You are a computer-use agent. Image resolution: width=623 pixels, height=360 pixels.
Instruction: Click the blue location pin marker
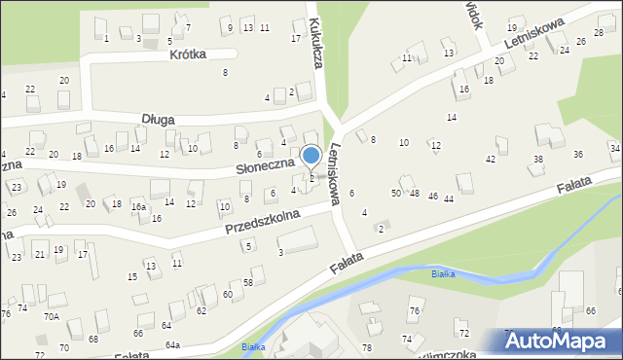tap(311, 156)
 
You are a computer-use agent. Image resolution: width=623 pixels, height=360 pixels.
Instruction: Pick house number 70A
tap(51, 316)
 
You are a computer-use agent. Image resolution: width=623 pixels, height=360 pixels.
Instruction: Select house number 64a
tap(172, 345)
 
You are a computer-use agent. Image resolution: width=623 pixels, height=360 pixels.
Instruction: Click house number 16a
tap(139, 206)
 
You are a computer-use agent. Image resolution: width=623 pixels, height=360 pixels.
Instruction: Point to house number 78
tap(367, 347)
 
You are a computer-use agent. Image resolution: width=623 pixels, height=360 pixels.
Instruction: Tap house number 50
tap(396, 194)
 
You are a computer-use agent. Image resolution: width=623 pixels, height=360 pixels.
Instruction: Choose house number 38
tap(537, 159)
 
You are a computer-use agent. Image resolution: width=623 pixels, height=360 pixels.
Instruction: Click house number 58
tap(247, 282)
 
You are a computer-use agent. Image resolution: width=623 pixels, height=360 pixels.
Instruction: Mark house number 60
tap(227, 294)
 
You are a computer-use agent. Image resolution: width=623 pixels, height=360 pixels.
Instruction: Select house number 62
tap(201, 311)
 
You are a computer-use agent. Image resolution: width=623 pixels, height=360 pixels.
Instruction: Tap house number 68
tap(93, 339)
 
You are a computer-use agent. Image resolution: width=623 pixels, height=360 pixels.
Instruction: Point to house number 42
tap(490, 159)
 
